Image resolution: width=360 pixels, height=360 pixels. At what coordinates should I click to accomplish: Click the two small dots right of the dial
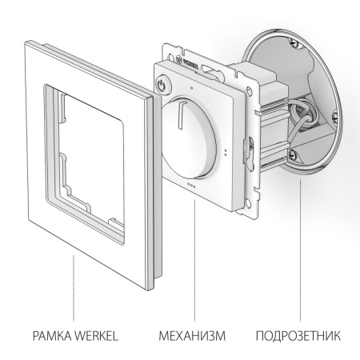tap(230, 150)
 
